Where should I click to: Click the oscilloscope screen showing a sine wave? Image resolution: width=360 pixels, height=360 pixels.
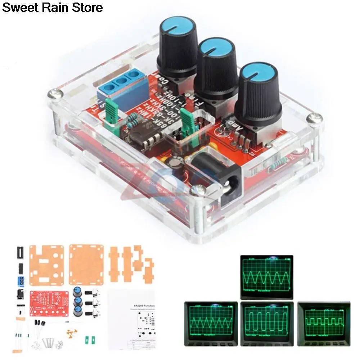coord(267,276)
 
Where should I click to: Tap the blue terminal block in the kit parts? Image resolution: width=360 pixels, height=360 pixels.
coord(21,280)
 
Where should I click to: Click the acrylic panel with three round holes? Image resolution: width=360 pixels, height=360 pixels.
coord(47,264)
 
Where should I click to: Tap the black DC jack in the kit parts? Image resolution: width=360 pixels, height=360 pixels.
coord(20,295)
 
